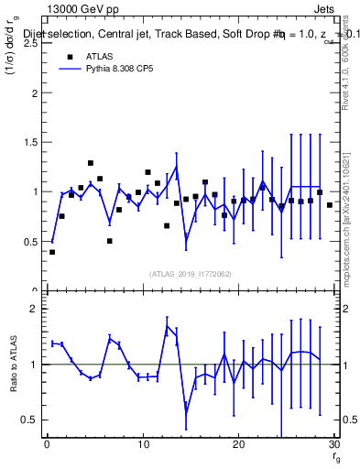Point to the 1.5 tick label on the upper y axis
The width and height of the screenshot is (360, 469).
tap(29, 143)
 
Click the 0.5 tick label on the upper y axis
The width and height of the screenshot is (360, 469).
tap(29, 242)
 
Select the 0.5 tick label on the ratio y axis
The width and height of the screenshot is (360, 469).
tap(29, 420)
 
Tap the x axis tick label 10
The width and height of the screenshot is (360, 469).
tap(142, 444)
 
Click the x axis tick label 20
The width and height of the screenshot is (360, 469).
tap(238, 444)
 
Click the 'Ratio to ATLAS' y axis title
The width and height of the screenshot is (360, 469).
tap(13, 364)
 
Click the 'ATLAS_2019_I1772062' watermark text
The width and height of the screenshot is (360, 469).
tap(191, 274)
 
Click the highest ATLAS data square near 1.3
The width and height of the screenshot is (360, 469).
tap(91, 163)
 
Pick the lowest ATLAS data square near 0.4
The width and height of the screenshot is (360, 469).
tap(52, 252)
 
